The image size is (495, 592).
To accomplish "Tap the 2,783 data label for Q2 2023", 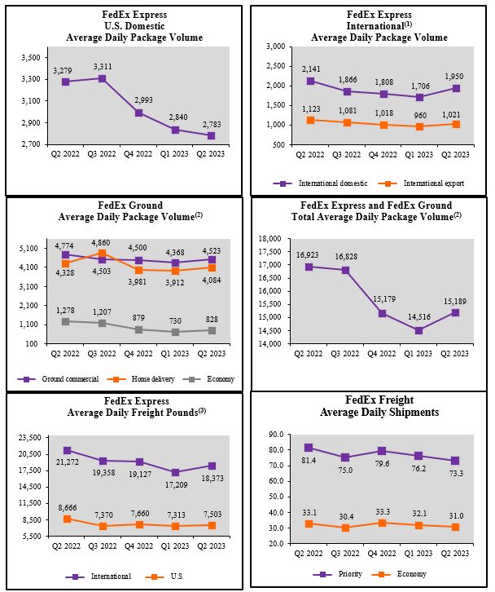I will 211,124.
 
